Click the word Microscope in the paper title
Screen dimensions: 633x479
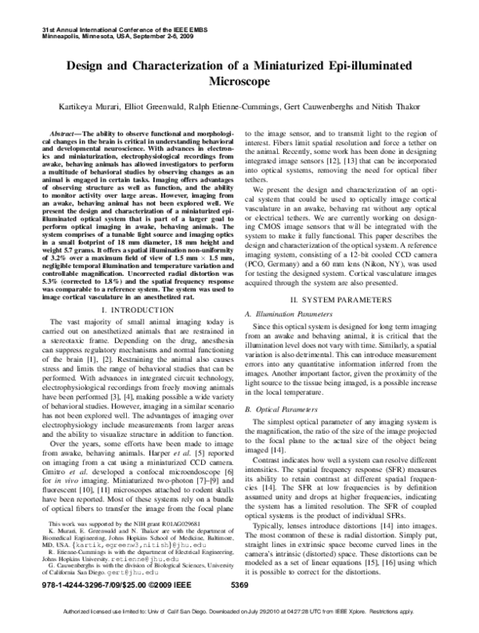point(239,81)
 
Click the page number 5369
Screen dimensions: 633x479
point(240,586)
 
